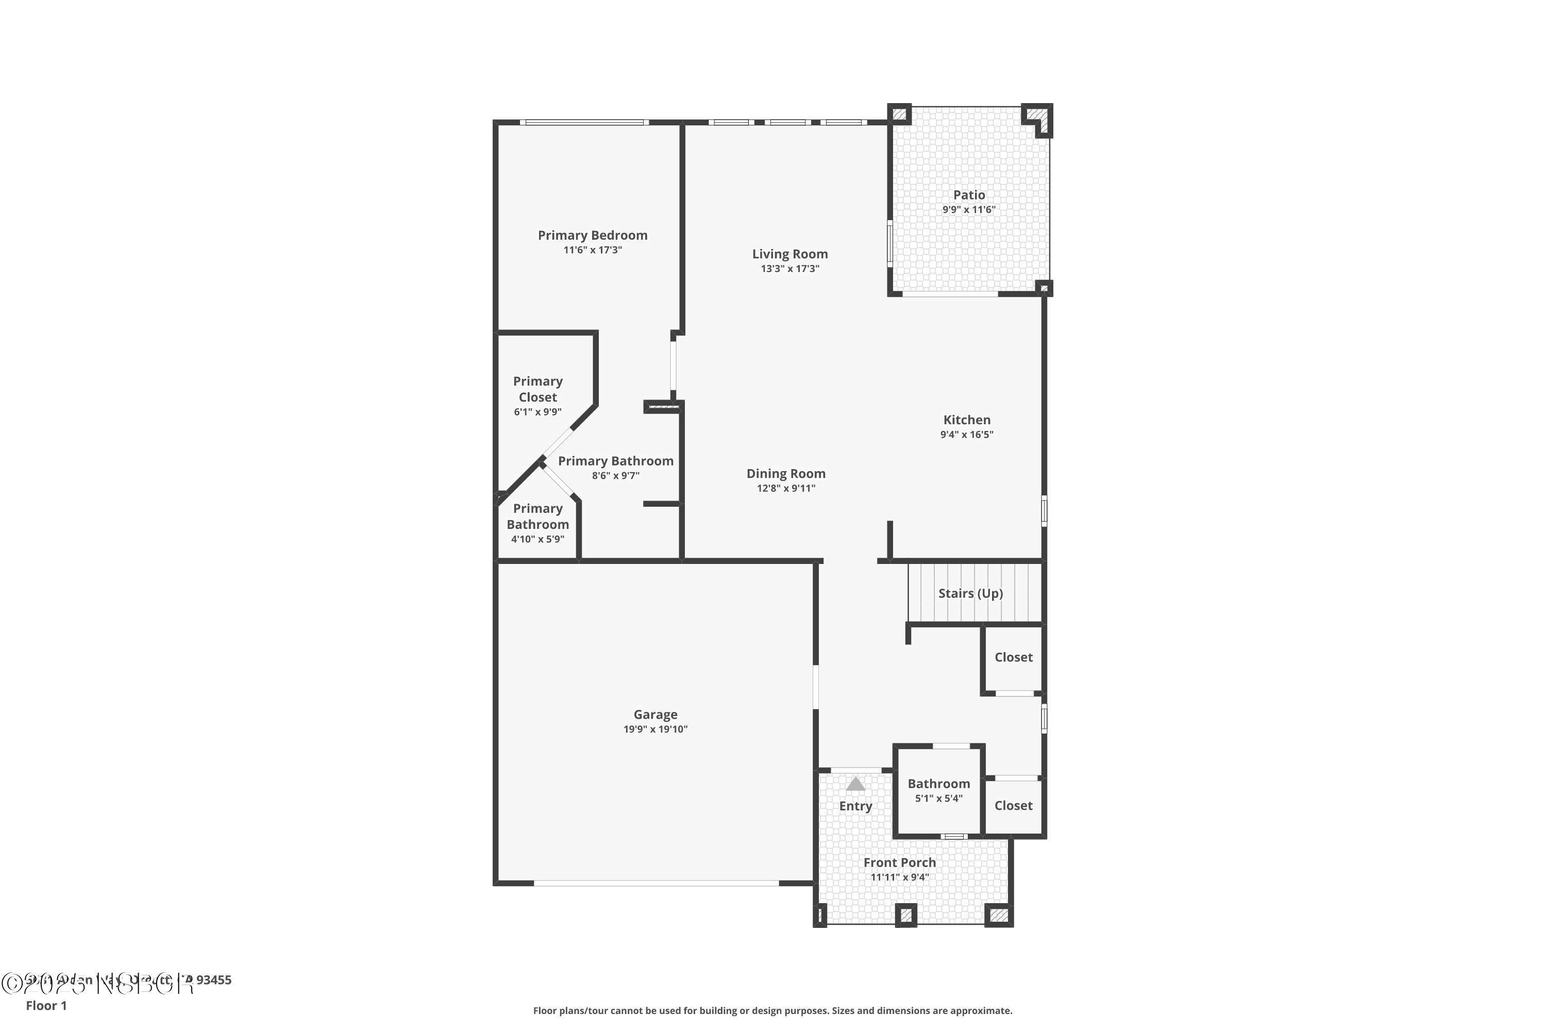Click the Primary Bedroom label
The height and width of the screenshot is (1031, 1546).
pyautogui.click(x=592, y=236)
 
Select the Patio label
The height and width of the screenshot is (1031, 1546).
pyautogui.click(x=969, y=195)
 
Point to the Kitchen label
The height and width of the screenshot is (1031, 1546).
pyautogui.click(x=966, y=420)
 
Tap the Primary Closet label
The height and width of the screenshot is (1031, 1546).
pyautogui.click(x=537, y=389)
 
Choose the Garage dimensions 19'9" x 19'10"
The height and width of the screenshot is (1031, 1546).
pyautogui.click(x=656, y=729)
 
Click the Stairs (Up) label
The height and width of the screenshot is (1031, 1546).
pyautogui.click(x=970, y=593)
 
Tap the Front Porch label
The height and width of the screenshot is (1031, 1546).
pyautogui.click(x=899, y=862)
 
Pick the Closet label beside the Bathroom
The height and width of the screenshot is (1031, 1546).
pyautogui.click(x=1013, y=805)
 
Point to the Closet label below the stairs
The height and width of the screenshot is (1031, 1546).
pyautogui.click(x=1013, y=657)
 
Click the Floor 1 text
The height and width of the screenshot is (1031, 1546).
pyautogui.click(x=46, y=1005)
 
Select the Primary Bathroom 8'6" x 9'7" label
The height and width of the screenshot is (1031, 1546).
pyautogui.click(x=615, y=461)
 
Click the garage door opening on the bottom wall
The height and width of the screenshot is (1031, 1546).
pyautogui.click(x=656, y=883)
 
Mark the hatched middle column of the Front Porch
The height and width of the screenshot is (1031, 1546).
pyautogui.click(x=906, y=914)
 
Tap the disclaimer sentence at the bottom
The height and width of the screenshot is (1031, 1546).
pyautogui.click(x=772, y=1010)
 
